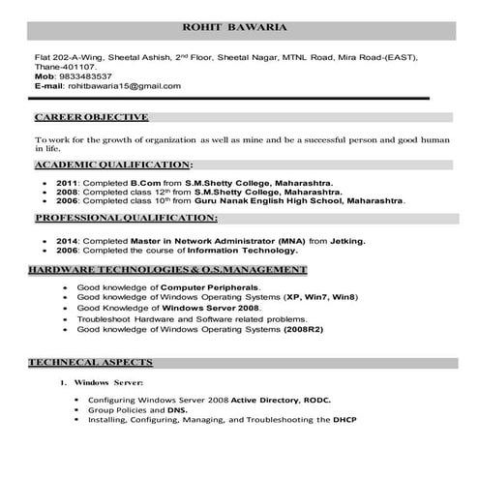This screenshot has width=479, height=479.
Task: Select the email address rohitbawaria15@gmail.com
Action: [x=124, y=86]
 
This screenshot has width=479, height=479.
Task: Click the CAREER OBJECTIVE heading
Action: [x=91, y=118]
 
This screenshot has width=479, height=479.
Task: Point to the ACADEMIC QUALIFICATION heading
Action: [x=113, y=165]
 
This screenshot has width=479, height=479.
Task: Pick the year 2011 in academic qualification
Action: [x=67, y=182]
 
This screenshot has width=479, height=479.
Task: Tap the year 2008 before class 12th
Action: [x=67, y=191]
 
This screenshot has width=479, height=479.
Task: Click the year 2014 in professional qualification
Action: [x=67, y=238]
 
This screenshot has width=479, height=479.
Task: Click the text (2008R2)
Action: [x=309, y=329]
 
